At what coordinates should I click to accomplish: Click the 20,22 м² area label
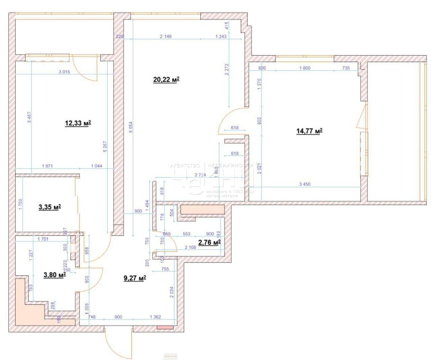click(166, 79)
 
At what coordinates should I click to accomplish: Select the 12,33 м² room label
click(78, 123)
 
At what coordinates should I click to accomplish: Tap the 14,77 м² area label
click(309, 131)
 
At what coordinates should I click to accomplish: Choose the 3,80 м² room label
click(54, 275)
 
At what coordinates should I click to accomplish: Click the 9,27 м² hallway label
click(135, 278)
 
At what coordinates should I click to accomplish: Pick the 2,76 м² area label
click(209, 242)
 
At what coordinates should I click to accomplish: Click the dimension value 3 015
click(64, 72)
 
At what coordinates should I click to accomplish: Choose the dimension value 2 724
click(202, 175)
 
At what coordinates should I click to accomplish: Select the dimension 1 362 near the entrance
click(156, 317)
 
